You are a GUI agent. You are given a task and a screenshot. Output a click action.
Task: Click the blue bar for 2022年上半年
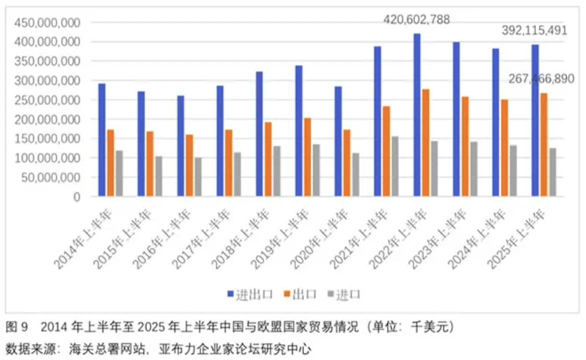(417, 115)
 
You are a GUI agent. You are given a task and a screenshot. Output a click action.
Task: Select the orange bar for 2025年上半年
(543, 145)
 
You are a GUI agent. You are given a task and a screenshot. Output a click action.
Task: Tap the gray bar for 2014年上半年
(119, 173)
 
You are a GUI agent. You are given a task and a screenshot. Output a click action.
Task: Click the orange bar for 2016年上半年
(189, 165)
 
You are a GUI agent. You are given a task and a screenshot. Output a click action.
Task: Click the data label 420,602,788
(416, 20)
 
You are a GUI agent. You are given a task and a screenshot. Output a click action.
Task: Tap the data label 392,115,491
(534, 31)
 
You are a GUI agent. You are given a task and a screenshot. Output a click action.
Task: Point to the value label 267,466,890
(541, 79)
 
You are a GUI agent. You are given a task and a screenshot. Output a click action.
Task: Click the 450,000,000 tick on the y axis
(48, 22)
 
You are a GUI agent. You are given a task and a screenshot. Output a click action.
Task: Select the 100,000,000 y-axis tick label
(48, 158)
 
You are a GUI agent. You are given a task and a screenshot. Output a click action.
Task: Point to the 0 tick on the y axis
(76, 197)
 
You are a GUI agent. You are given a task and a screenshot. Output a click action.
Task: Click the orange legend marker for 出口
(286, 294)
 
